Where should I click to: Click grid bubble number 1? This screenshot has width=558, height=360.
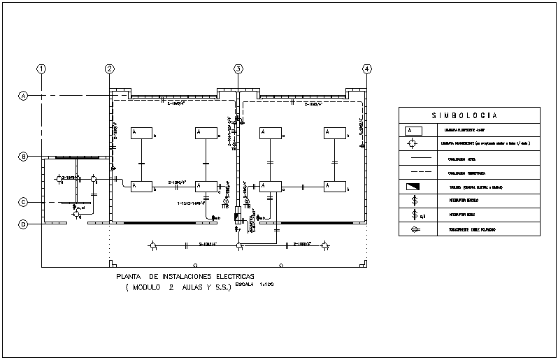click(x=42, y=69)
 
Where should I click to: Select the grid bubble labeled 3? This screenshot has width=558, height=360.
click(x=238, y=69)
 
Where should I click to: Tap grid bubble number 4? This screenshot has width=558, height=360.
click(x=366, y=69)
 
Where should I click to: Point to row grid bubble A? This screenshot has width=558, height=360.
click(x=23, y=96)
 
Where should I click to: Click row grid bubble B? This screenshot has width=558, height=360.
click(x=23, y=157)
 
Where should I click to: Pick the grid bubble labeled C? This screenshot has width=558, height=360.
click(x=23, y=202)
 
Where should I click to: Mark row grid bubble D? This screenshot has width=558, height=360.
click(x=23, y=224)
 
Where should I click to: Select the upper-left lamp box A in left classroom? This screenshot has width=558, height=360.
click(x=142, y=133)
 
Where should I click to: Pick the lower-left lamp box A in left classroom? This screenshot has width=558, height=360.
click(x=142, y=186)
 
